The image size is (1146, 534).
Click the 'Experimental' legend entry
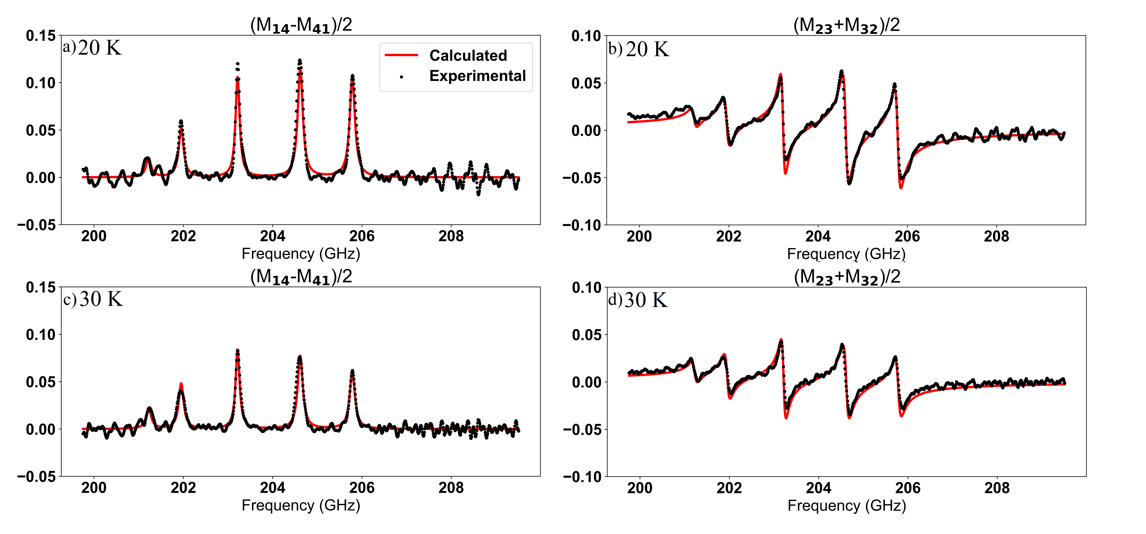coord(477,76)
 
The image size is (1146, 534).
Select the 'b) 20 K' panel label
coord(639,49)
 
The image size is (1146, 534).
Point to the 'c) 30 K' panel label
coord(93,299)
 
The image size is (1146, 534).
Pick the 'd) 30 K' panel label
coord(638,300)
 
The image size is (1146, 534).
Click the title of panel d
coord(847,277)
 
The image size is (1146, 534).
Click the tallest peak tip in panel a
coord(300,60)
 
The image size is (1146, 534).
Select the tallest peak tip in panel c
coord(238,350)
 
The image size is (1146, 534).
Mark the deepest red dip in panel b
coord(901,188)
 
